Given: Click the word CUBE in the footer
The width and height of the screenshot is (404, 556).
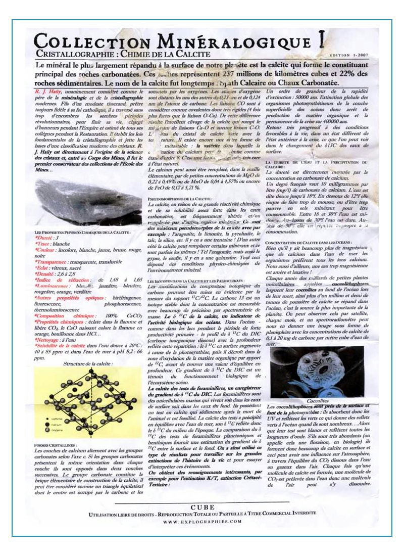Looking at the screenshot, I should (203, 507).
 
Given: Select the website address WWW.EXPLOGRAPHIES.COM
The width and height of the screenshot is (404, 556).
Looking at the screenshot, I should (203, 521).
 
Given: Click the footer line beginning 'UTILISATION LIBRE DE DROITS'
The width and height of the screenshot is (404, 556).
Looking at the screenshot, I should (202, 514).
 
